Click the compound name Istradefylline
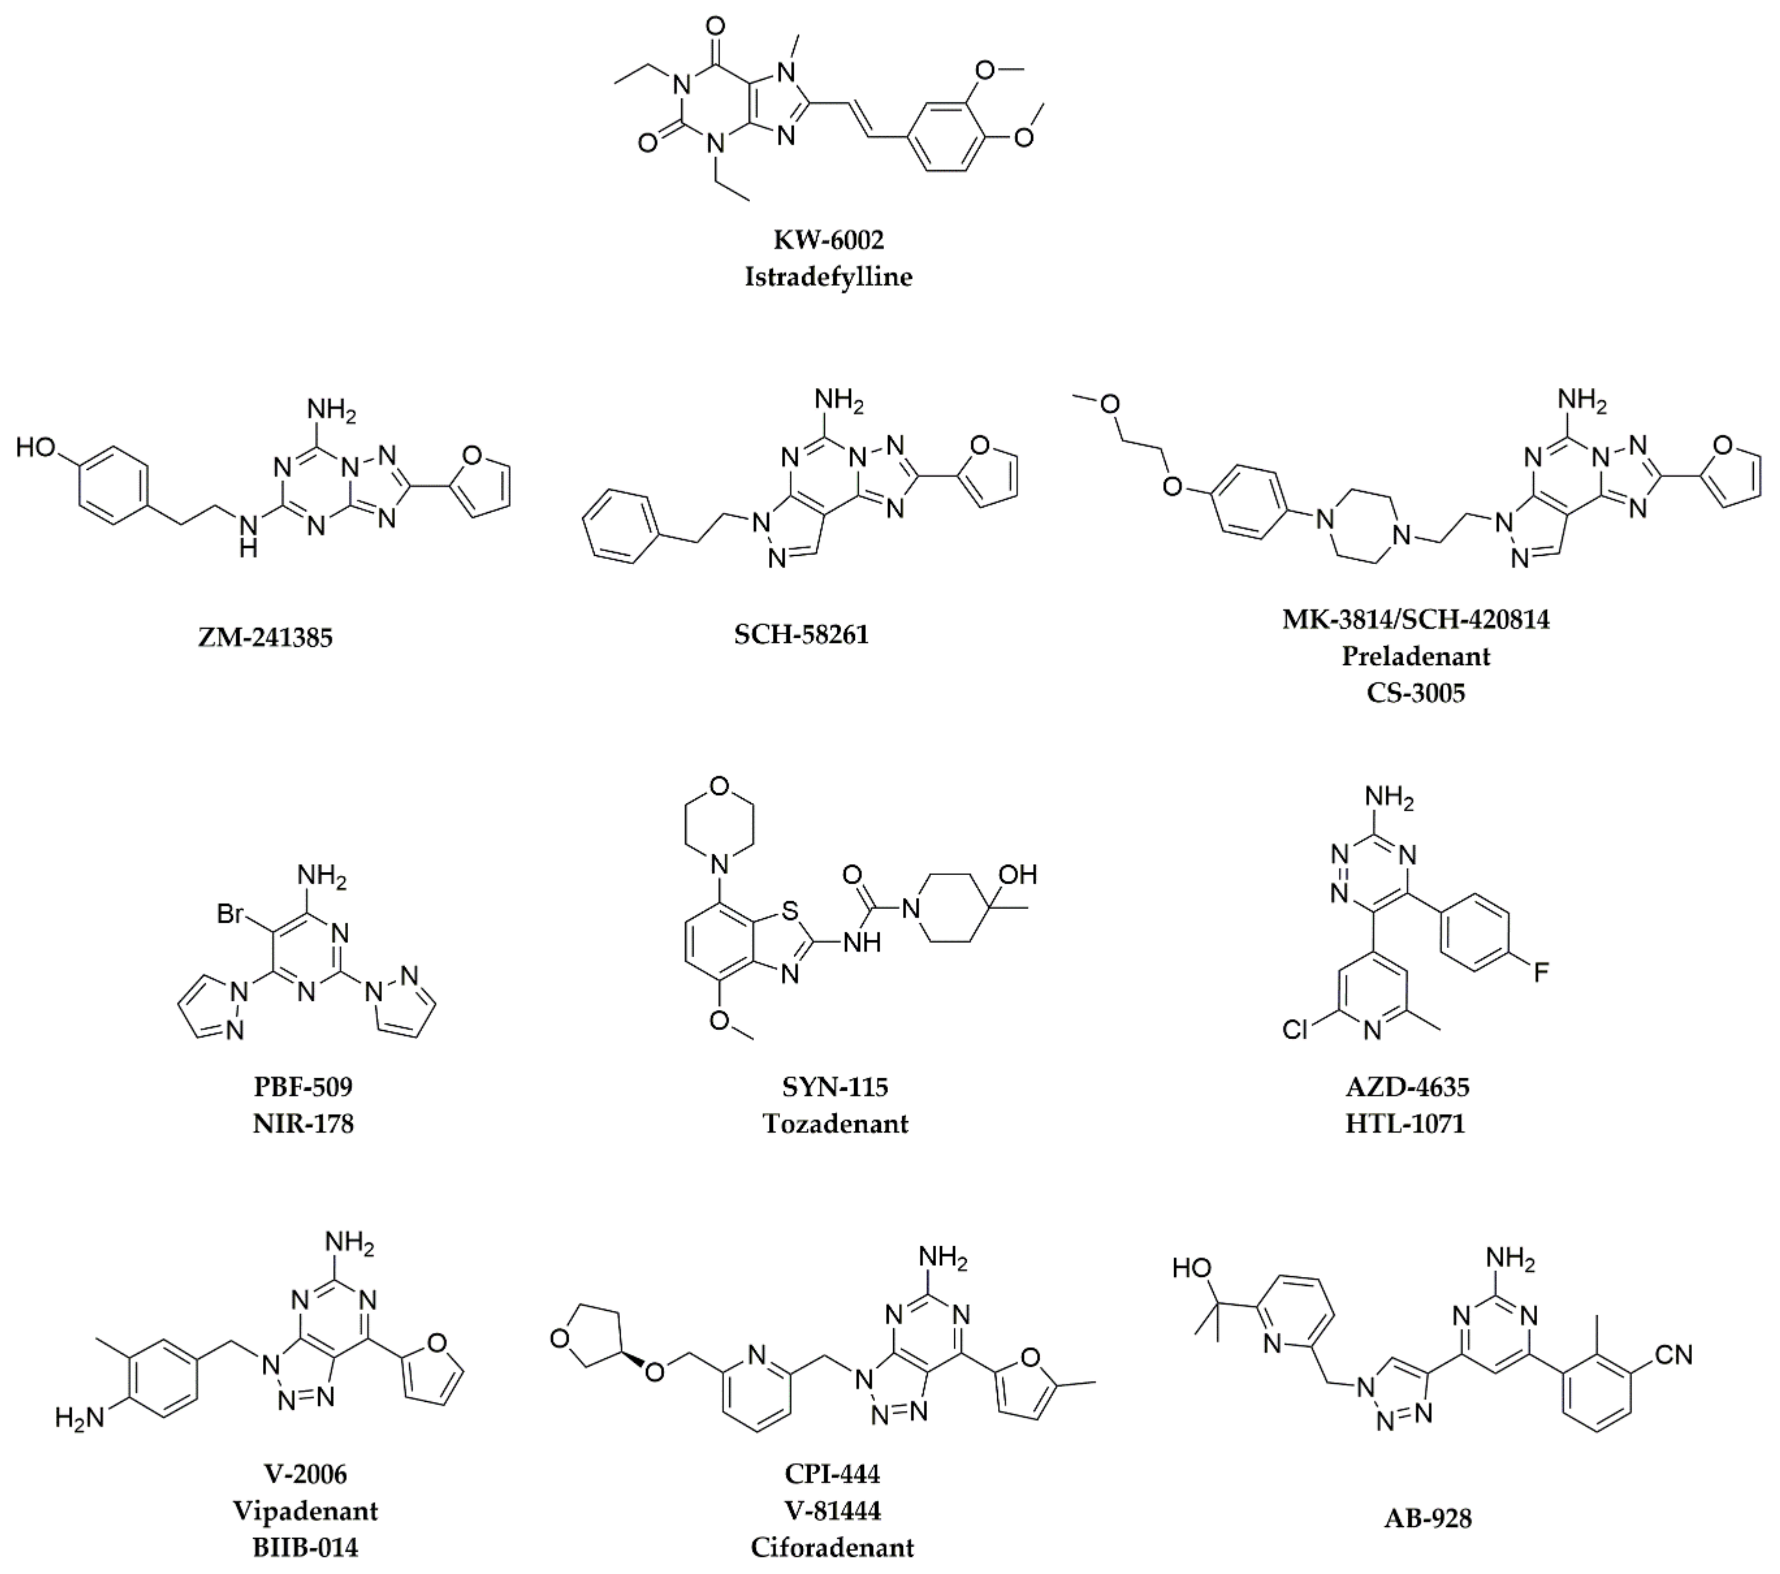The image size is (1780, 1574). coord(828,277)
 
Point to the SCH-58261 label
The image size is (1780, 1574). coord(801,634)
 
